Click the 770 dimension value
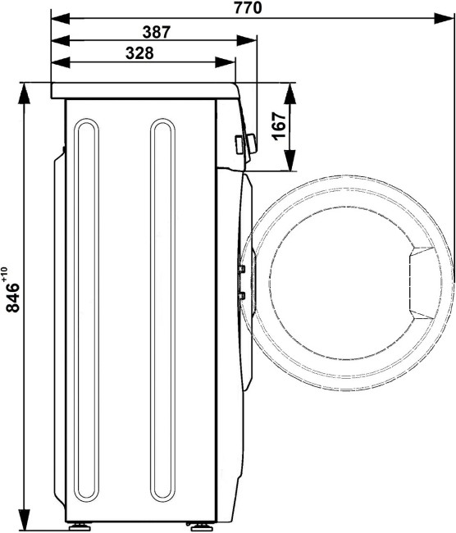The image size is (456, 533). [x=249, y=7]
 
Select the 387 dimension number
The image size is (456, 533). [x=156, y=32]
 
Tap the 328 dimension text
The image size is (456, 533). [x=139, y=53]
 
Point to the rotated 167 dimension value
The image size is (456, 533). [x=279, y=125]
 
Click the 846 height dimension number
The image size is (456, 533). [x=13, y=298]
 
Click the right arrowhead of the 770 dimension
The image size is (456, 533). [x=444, y=18]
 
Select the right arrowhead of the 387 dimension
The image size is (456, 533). [x=246, y=41]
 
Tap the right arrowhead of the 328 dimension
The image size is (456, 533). [x=225, y=62]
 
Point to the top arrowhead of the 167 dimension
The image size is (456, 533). [x=290, y=93]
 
